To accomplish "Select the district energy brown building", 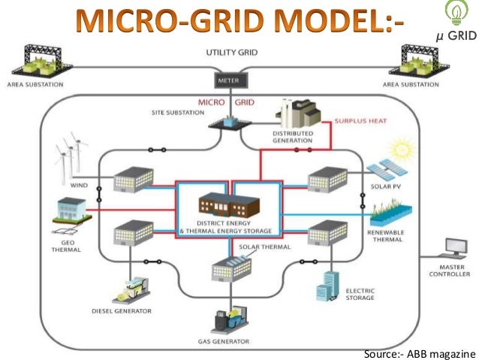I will pos(227,205).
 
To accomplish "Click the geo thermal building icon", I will pos(72,212).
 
